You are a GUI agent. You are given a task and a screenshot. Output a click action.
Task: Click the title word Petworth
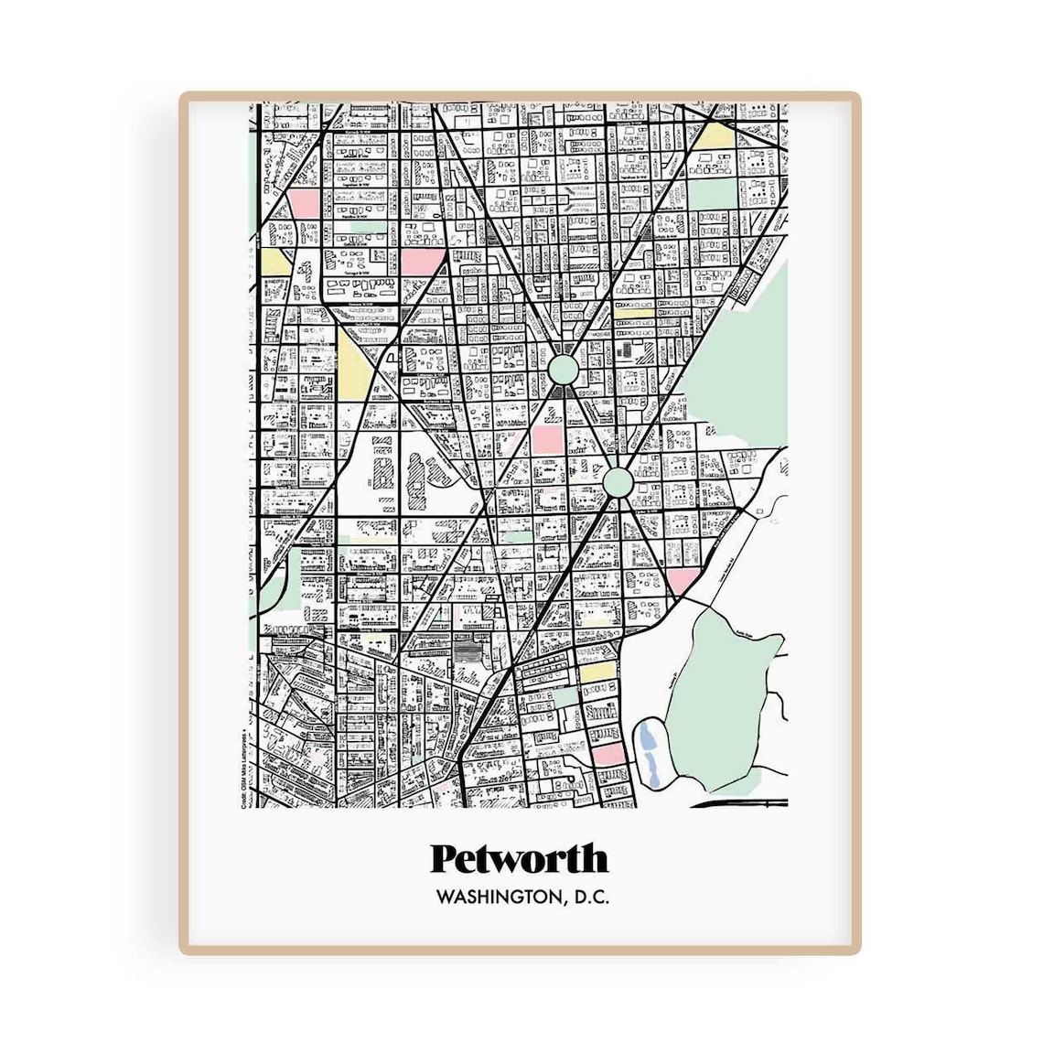519,859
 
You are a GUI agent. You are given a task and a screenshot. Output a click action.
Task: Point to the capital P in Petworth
444,858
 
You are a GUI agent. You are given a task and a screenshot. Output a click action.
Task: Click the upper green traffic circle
564,370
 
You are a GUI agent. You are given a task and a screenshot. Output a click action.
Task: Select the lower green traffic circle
618,480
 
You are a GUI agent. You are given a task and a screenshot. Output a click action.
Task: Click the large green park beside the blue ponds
723,695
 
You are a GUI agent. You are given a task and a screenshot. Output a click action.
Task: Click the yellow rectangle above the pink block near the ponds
596,673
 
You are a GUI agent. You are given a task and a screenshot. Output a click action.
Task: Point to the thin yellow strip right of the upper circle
634,311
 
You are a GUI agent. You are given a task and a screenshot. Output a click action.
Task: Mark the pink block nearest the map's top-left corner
304,203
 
